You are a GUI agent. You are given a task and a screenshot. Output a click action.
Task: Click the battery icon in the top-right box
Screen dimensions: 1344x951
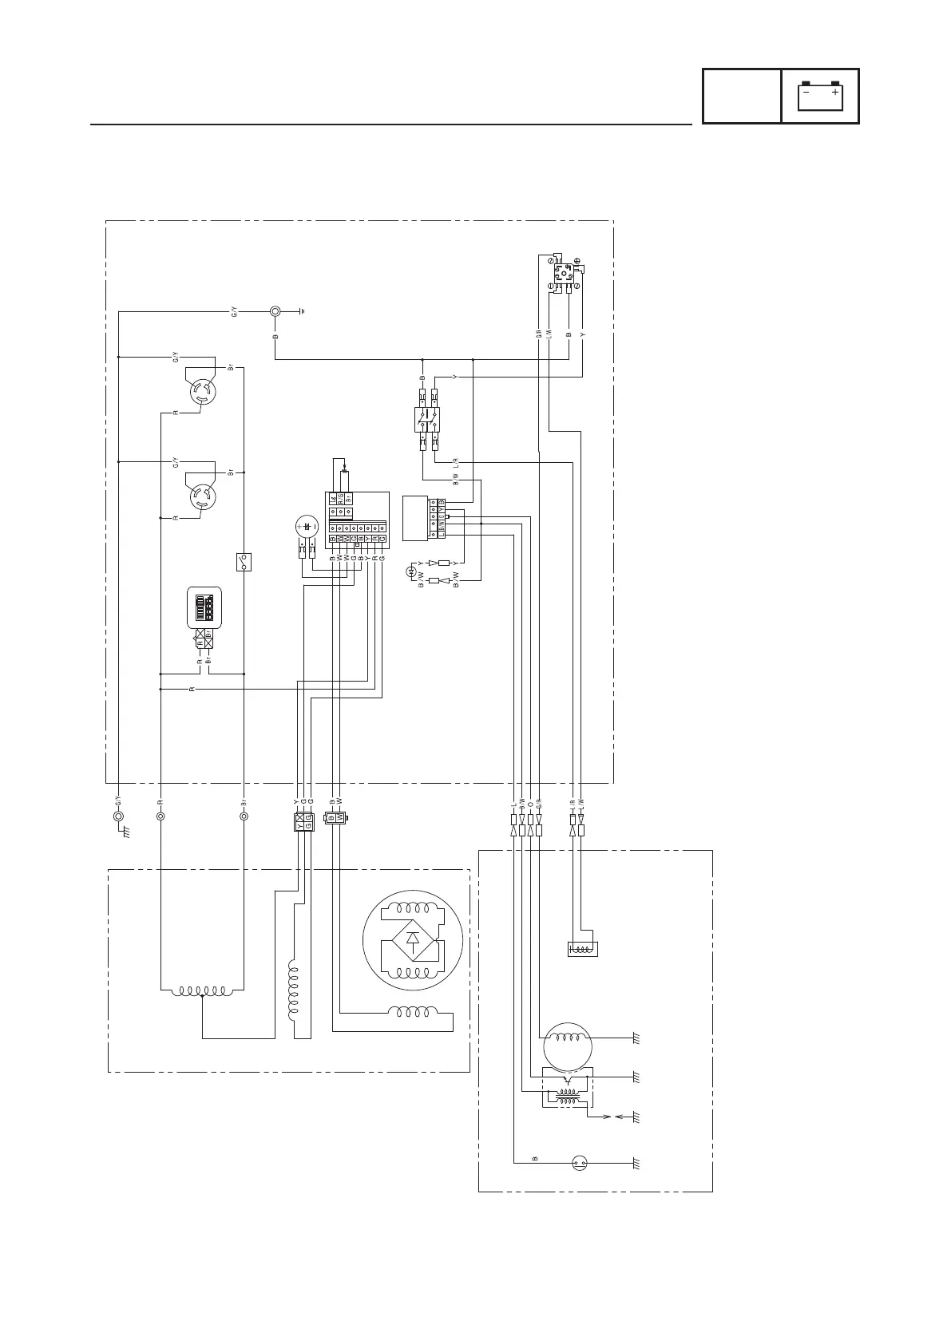[x=820, y=96]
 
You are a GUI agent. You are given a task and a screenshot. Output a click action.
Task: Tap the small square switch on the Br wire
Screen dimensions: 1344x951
[x=244, y=562]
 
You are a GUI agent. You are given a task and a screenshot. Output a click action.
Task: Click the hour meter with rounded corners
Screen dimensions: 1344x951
[x=204, y=608]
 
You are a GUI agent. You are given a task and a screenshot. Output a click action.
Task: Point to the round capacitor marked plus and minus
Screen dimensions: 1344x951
[x=307, y=528]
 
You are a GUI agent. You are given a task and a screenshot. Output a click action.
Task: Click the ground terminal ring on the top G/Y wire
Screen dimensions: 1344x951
[x=275, y=311]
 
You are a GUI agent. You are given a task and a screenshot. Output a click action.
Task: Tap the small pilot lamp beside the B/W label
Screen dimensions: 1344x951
[x=412, y=571]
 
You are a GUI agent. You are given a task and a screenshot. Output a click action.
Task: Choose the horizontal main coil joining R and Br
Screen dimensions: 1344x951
[x=203, y=991]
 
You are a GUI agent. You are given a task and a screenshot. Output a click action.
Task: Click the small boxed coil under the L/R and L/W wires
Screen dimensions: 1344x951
[x=581, y=949]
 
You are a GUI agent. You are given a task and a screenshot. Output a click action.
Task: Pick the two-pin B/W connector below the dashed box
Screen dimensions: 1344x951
[x=335, y=818]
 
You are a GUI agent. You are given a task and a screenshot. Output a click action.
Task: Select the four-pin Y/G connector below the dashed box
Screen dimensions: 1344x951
[x=303, y=822]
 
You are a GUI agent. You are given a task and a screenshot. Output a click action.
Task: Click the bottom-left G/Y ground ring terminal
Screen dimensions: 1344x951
[x=118, y=816]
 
